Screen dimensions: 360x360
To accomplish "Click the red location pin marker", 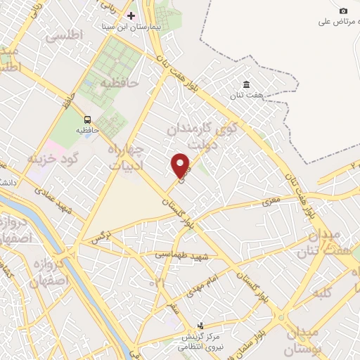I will coord(181,165).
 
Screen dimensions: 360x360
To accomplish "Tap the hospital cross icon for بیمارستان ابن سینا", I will coord(131,15).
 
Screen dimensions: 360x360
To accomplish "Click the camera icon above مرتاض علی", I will coord(343,11).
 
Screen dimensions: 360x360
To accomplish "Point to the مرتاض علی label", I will coord(333,22).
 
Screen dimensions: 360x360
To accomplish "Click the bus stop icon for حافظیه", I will coord(89,120).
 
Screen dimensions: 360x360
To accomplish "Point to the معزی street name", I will coord(271,202).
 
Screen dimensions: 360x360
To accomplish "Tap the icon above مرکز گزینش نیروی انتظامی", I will coord(201,326).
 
